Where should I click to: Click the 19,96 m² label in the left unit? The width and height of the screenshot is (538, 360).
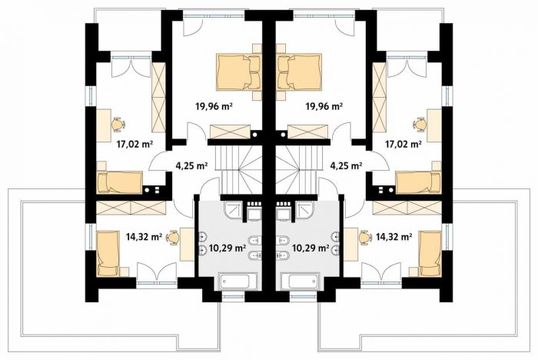[214, 106]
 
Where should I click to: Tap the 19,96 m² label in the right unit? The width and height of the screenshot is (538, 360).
[324, 106]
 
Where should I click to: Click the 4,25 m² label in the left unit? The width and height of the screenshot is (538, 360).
[191, 166]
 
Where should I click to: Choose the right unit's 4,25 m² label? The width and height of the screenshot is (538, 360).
[346, 166]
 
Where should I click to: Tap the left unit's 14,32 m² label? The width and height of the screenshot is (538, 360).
[144, 237]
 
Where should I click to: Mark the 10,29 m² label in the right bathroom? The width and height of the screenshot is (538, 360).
[311, 248]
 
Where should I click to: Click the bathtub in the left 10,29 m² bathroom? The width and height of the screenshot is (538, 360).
[234, 282]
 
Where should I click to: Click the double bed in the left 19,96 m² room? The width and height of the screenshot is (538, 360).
[238, 72]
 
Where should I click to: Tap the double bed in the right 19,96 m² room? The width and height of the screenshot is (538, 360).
[300, 72]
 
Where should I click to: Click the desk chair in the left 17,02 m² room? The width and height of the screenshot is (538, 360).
[118, 125]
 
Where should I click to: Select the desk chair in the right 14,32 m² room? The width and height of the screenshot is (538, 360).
[365, 238]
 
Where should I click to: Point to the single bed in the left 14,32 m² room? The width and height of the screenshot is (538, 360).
[107, 254]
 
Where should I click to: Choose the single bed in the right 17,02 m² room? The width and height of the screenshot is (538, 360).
[418, 183]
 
